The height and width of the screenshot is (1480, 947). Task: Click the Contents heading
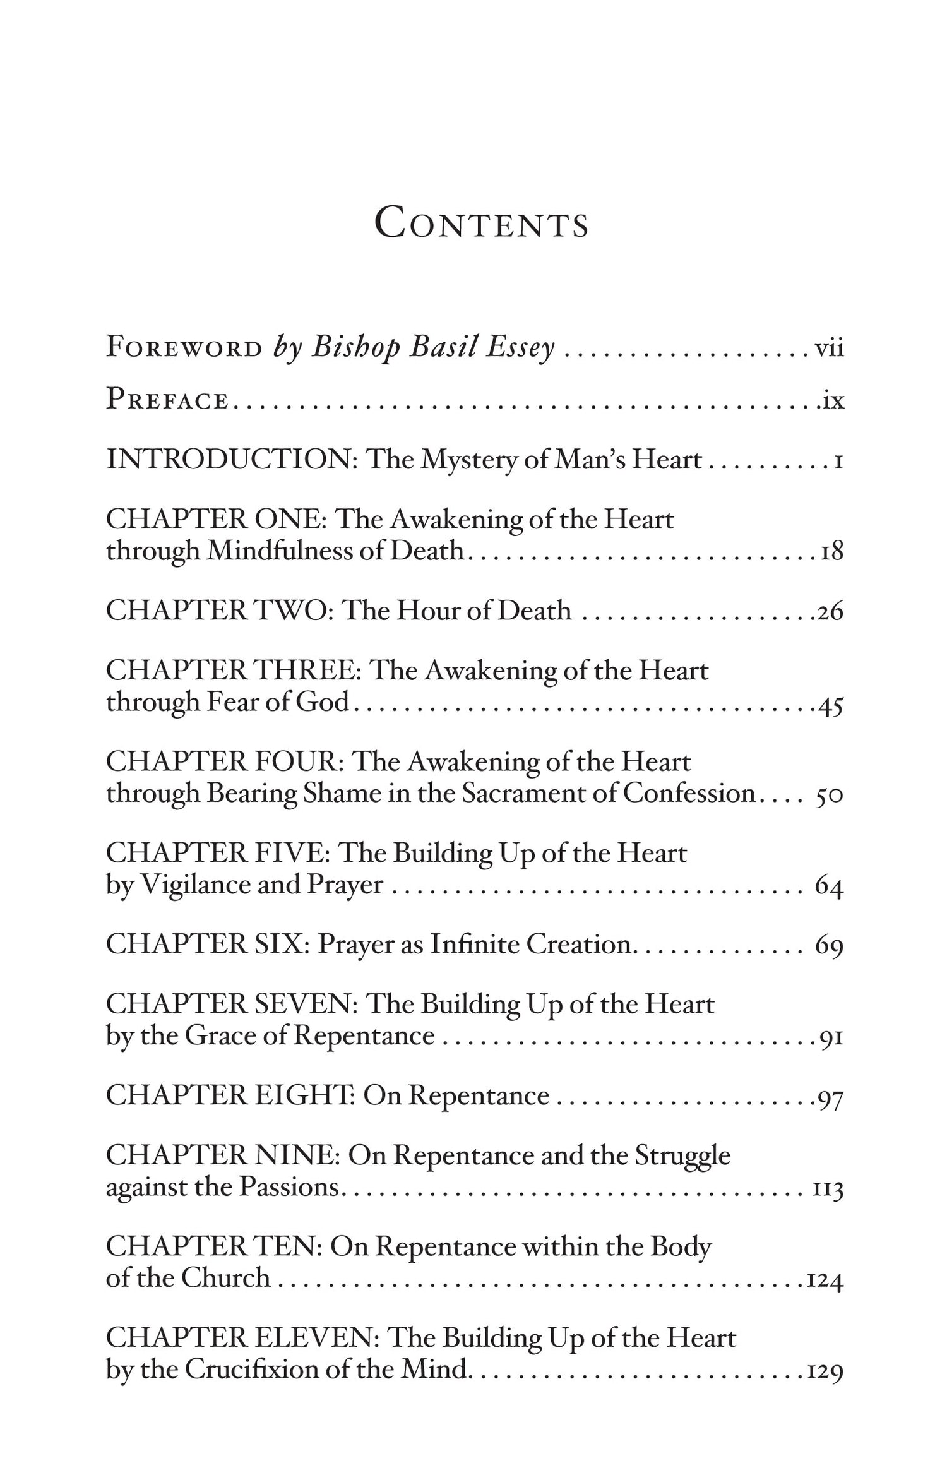(x=481, y=224)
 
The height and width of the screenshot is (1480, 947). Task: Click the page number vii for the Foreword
(x=829, y=348)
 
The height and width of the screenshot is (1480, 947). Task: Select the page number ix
(x=833, y=401)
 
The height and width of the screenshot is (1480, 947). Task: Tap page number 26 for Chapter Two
(x=830, y=612)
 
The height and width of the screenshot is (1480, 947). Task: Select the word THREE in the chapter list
(x=306, y=671)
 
